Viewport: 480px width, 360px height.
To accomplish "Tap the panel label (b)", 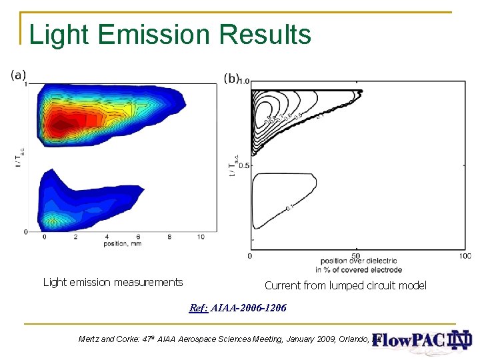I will click(231, 78).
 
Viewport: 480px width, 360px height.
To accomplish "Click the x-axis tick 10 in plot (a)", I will click(201, 237).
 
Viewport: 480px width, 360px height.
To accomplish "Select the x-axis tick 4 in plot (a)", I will click(107, 237).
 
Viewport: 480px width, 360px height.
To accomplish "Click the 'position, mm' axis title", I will click(123, 244).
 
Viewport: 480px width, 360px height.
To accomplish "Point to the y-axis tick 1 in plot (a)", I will click(25, 84).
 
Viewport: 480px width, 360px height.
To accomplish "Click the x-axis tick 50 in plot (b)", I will click(356, 256).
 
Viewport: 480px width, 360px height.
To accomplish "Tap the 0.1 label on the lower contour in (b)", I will click(289, 208).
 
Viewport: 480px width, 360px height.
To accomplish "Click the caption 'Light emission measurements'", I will click(113, 282).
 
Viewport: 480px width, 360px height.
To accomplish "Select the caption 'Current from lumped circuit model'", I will click(345, 285).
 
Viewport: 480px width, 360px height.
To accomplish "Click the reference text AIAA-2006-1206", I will click(247, 308).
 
